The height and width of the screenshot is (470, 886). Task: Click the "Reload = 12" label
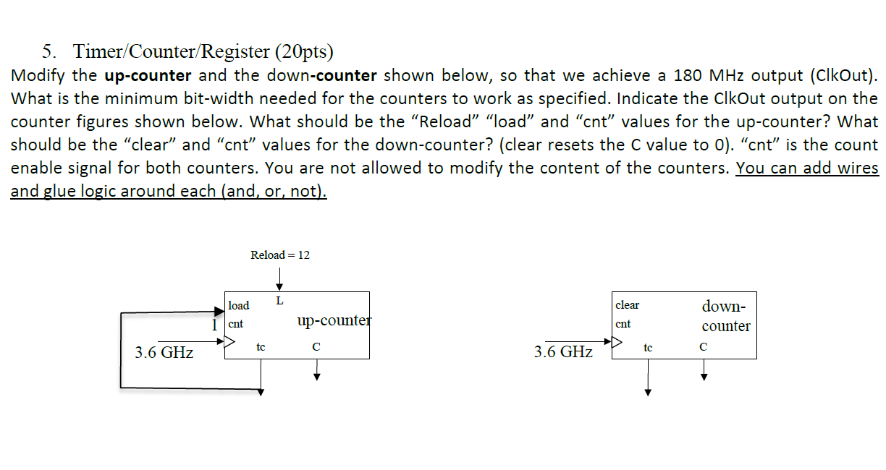click(x=279, y=255)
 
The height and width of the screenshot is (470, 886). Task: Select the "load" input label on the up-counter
click(x=238, y=305)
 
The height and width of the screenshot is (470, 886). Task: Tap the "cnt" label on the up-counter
click(x=236, y=324)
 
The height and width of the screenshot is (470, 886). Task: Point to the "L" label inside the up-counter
click(x=279, y=300)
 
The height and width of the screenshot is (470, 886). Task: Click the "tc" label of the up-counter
click(x=261, y=347)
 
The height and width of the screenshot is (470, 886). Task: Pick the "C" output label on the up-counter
click(x=316, y=347)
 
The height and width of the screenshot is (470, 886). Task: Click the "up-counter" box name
click(x=334, y=320)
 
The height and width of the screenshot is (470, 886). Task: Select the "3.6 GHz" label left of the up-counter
click(x=164, y=353)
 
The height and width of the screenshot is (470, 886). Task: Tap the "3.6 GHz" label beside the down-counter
click(x=563, y=352)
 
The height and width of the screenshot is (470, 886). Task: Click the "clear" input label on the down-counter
click(x=627, y=304)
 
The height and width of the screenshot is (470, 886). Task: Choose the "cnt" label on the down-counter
click(x=623, y=324)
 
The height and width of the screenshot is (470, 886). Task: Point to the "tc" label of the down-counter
click(x=648, y=348)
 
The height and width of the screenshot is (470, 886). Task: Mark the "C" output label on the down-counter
click(x=703, y=348)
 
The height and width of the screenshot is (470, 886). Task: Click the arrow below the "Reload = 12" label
click(x=279, y=277)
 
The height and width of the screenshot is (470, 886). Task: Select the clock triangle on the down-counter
click(x=617, y=342)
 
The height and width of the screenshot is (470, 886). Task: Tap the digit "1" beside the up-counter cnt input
click(x=214, y=325)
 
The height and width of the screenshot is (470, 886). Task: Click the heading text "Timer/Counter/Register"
click(x=172, y=51)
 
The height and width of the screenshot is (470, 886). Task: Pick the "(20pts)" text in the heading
click(x=304, y=51)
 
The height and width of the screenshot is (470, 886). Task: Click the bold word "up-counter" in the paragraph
click(x=148, y=75)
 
